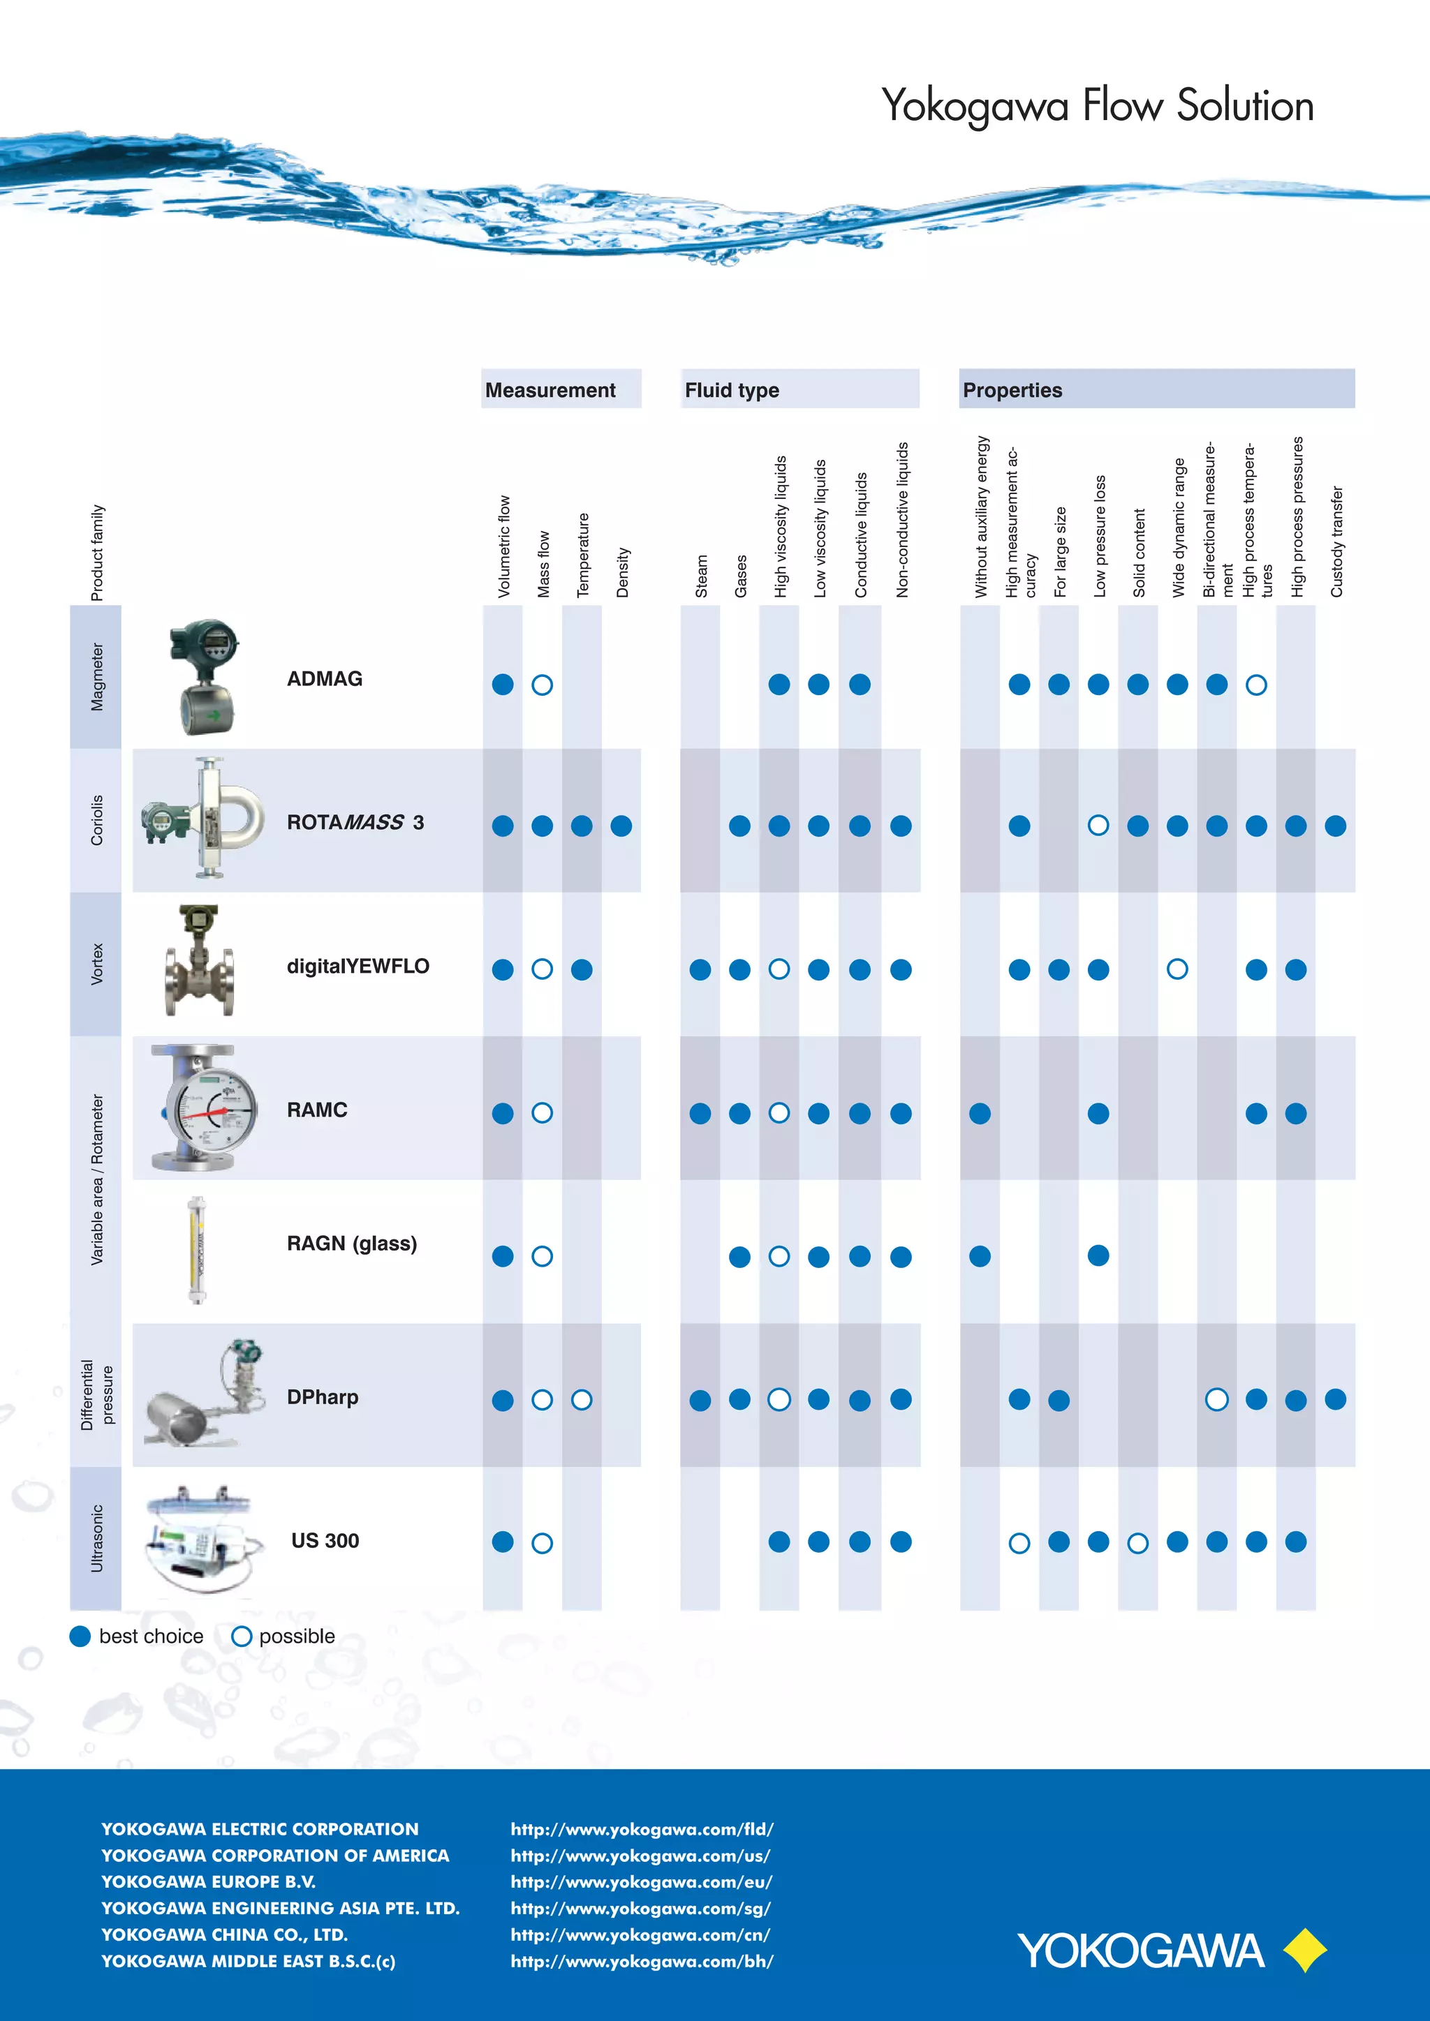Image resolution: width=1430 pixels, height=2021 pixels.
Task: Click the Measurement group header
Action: point(550,390)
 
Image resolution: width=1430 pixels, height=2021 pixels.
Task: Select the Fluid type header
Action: point(732,390)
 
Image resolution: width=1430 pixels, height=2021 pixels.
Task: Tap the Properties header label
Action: point(1012,390)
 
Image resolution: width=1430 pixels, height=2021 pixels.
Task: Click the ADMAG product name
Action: point(324,678)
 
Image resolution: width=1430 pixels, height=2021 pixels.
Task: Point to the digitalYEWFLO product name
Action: point(357,966)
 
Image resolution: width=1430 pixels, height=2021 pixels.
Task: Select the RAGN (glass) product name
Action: point(351,1243)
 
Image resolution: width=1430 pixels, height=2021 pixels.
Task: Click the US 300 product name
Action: point(325,1540)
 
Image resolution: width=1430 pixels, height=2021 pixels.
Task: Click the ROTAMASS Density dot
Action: point(621,826)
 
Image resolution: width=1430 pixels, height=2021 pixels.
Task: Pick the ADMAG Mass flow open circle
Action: point(543,685)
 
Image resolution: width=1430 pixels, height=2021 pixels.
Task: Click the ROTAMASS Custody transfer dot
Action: point(1335,826)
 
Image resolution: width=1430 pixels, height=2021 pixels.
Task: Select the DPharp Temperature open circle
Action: point(581,1400)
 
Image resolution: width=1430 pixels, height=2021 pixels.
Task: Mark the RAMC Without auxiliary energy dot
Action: point(980,1114)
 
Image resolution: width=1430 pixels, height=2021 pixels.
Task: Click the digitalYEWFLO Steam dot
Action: point(700,969)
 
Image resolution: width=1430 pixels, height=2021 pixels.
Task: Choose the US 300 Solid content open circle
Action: point(1137,1543)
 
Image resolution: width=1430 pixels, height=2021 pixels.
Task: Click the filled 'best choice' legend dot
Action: point(80,1636)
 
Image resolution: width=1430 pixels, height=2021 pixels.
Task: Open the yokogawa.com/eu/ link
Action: point(641,1882)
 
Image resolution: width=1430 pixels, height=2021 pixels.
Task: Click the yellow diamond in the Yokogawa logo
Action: point(1305,1950)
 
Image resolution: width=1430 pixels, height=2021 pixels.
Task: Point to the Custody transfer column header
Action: point(1336,542)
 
